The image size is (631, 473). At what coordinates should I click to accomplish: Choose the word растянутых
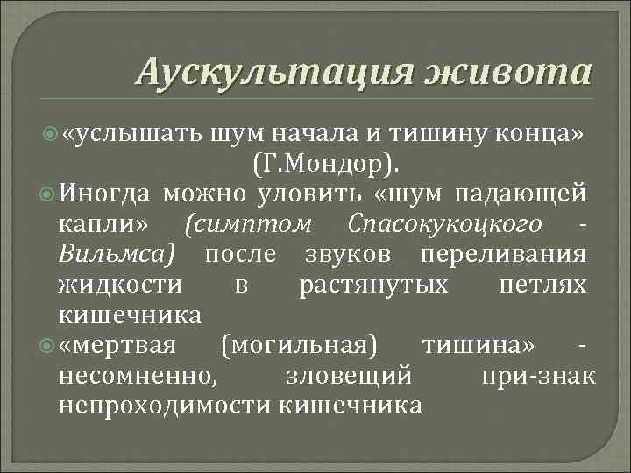(373, 286)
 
